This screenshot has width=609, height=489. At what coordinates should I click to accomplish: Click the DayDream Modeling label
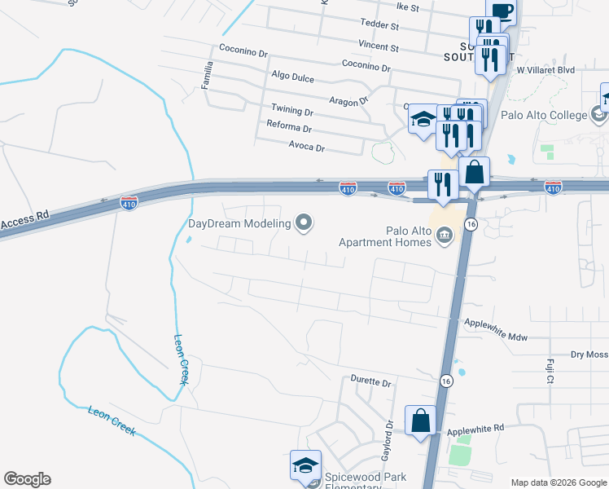(239, 223)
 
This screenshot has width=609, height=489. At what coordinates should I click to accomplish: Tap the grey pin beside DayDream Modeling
(304, 222)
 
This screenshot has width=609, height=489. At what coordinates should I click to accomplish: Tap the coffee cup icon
(502, 10)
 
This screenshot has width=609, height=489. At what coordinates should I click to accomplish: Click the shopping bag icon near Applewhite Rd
(421, 421)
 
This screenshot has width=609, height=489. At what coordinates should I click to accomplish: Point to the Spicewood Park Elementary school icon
(305, 466)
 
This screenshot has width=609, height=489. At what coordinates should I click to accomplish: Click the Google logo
(27, 479)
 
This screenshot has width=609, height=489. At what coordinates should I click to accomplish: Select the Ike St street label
(406, 8)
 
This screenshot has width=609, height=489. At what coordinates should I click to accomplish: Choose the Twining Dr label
(292, 110)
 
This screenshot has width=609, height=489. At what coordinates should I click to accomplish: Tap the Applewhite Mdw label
(496, 324)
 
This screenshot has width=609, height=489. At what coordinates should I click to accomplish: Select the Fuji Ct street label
(550, 371)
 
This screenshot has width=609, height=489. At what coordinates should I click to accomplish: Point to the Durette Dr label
(371, 381)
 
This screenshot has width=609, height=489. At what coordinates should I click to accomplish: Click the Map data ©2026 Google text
(558, 482)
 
